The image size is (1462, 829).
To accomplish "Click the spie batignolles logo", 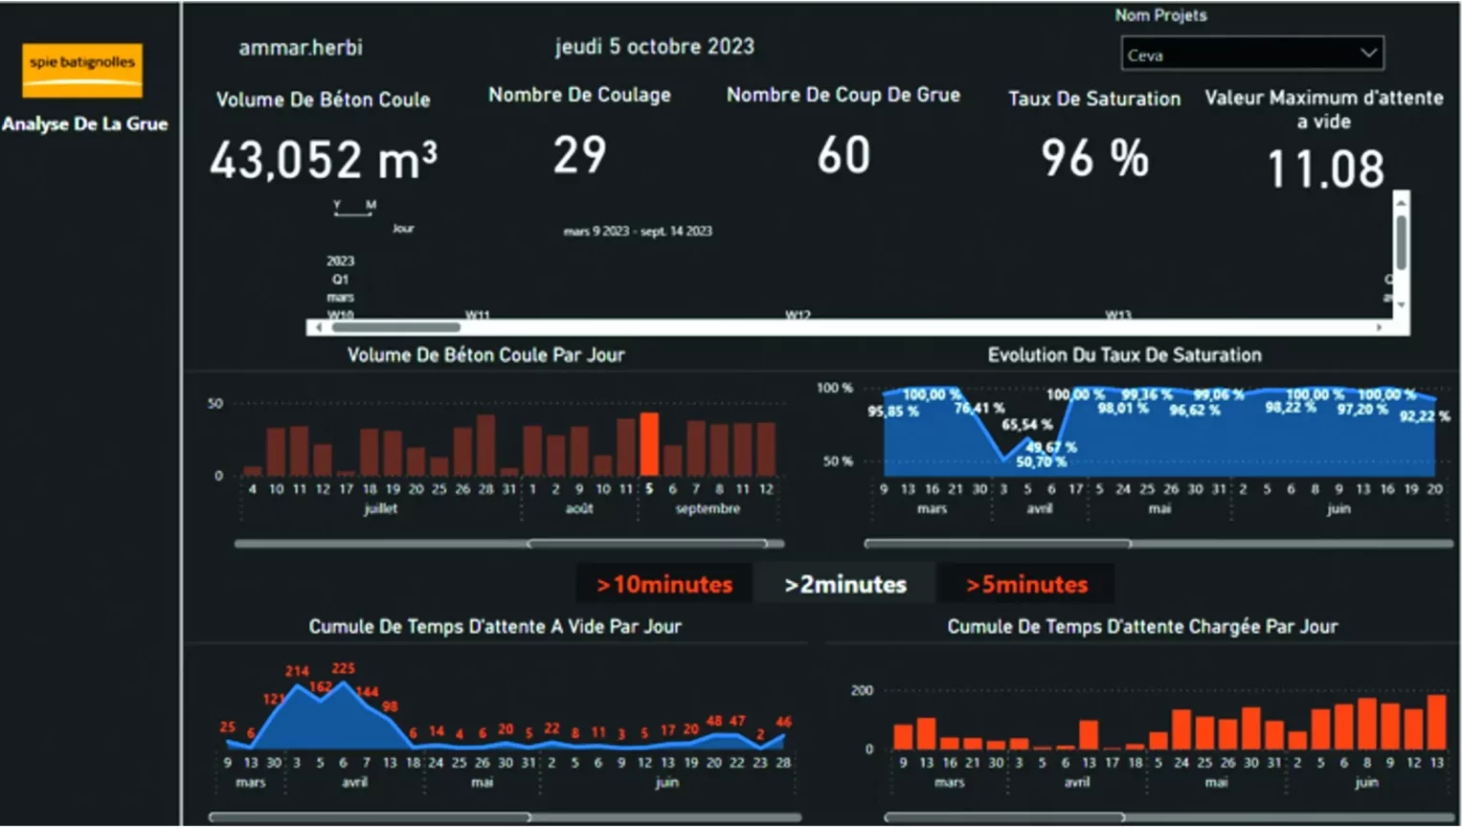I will (x=82, y=69).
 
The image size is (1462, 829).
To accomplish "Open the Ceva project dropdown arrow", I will (x=1368, y=54).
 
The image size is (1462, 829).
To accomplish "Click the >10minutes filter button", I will (x=664, y=584).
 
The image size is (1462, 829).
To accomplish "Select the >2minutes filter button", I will (x=844, y=584).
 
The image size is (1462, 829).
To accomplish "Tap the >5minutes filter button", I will (x=1026, y=584).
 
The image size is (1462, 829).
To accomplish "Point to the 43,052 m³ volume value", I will (x=324, y=160).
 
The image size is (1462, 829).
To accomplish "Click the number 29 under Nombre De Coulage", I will (x=579, y=155).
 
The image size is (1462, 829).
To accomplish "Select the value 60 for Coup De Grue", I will (x=843, y=155).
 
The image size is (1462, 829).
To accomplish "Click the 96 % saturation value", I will (x=1094, y=159).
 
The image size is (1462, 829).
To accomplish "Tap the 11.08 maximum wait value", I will (x=1325, y=169).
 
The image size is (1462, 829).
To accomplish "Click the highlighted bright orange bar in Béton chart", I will (x=649, y=444).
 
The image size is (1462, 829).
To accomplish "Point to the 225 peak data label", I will (x=343, y=668).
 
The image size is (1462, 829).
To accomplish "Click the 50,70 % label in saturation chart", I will (x=1041, y=461).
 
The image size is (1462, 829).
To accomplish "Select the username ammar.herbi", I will (x=301, y=48).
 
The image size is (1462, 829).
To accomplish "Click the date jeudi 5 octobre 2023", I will (x=655, y=47).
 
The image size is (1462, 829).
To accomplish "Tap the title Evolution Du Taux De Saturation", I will (x=1124, y=355).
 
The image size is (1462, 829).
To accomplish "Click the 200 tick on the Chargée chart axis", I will (x=862, y=690).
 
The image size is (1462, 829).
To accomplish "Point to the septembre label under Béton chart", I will (x=708, y=508).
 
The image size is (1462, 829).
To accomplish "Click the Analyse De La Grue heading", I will (x=85, y=123).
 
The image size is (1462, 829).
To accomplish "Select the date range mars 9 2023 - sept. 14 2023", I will (x=638, y=231).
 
